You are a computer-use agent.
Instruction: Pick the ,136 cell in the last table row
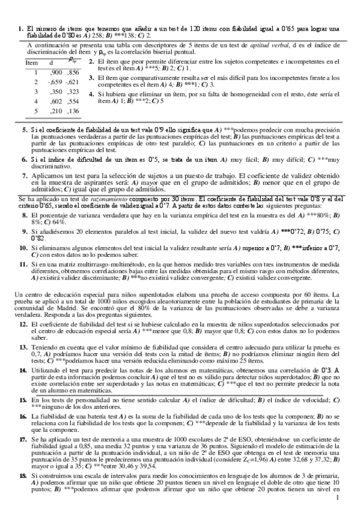click(73, 111)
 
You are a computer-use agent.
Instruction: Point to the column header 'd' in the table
click(51, 63)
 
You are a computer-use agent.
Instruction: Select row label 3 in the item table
click(35, 91)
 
